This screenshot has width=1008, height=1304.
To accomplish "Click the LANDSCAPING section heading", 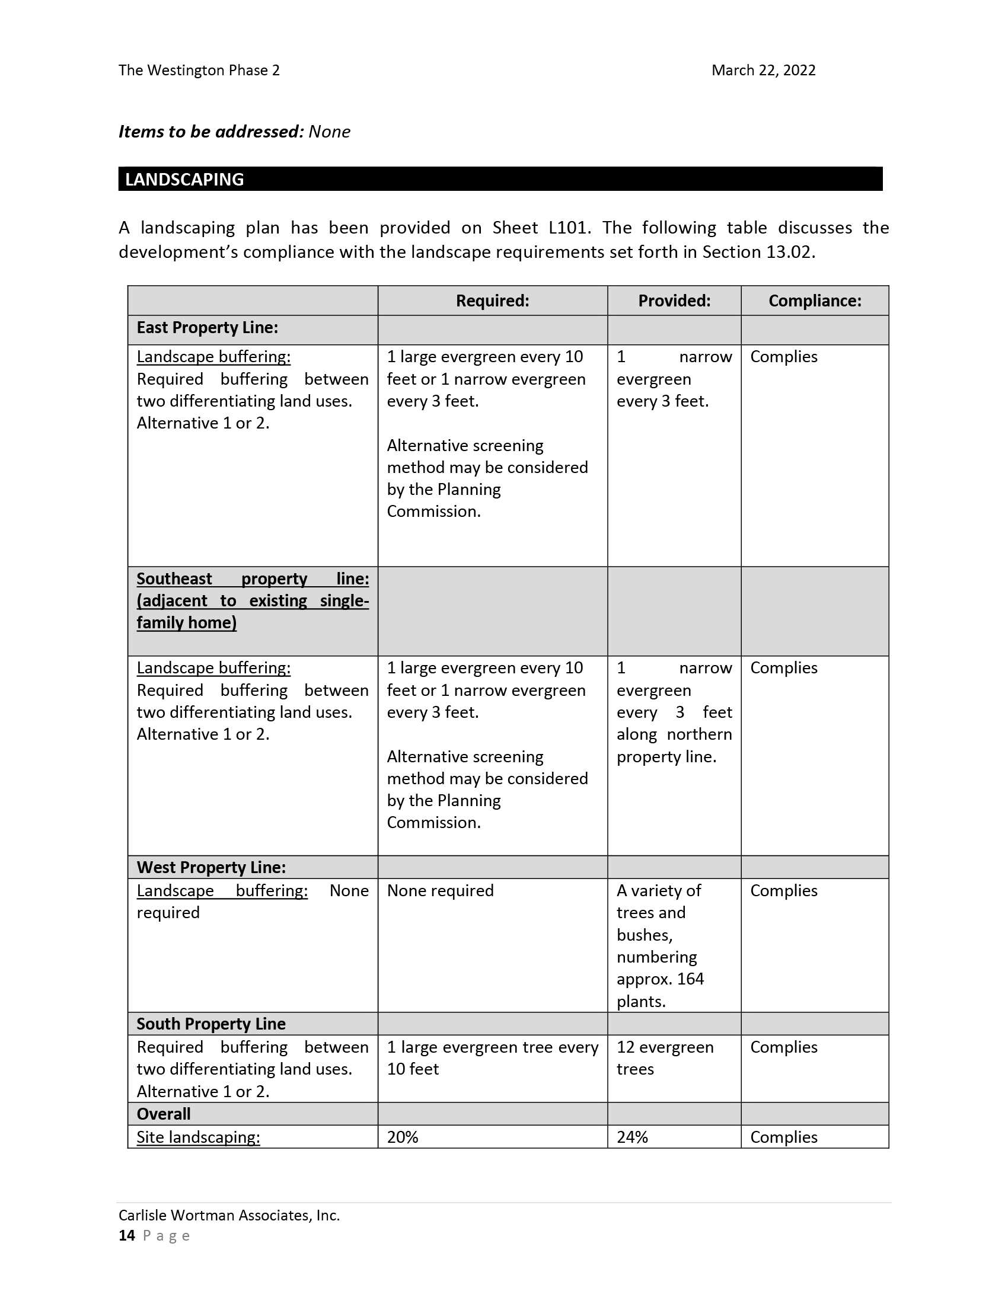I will click(x=184, y=180).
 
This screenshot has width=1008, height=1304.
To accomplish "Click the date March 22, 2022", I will click(x=763, y=71).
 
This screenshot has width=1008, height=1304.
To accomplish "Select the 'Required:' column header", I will click(x=492, y=301).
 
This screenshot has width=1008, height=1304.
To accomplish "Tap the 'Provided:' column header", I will click(x=674, y=301).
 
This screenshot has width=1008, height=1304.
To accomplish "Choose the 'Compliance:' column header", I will click(x=815, y=301).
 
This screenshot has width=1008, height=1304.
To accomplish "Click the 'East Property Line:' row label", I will click(x=207, y=328).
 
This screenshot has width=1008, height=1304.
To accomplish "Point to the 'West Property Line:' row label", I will click(x=211, y=868).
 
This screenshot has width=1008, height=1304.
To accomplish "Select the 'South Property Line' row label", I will click(x=211, y=1024).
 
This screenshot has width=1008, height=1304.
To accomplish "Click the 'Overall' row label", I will click(x=164, y=1114).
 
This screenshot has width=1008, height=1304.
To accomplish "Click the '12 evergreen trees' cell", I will click(x=665, y=1058).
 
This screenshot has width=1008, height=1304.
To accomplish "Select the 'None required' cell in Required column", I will click(x=440, y=891).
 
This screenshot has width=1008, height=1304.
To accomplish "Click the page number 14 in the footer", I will click(x=127, y=1235).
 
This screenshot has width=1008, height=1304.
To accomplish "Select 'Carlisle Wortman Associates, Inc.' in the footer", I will click(x=229, y=1216).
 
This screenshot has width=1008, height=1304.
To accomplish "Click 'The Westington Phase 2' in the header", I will click(x=199, y=71).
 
